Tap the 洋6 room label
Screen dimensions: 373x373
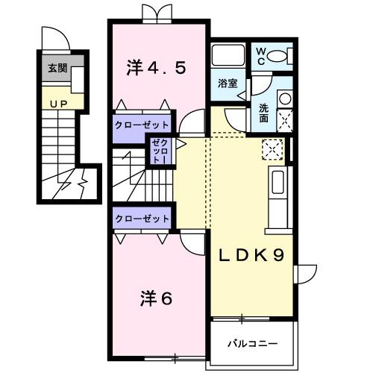(156, 298)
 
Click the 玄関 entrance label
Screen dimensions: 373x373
(57, 69)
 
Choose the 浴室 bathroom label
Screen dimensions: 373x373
(228, 84)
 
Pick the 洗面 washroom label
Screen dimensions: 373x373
(265, 112)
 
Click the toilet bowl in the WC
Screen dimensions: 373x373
(279, 55)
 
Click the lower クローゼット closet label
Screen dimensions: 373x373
(142, 218)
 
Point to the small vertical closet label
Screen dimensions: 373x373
(160, 151)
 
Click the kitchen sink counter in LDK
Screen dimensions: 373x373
(277, 189)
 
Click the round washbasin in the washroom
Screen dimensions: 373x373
(284, 98)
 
